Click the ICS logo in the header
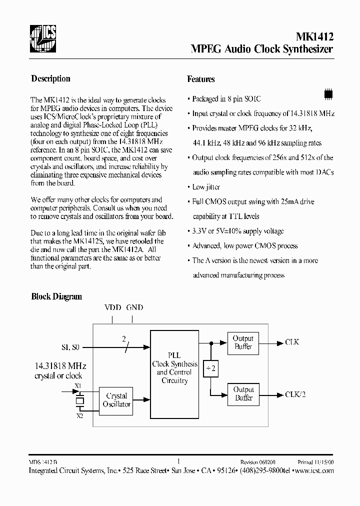click(x=42, y=38)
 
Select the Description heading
click(x=50, y=78)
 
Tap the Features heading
click(x=201, y=79)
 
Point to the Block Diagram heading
click(x=56, y=296)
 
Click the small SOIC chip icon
click(x=328, y=93)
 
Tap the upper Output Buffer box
click(x=243, y=342)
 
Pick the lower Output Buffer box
click(x=243, y=394)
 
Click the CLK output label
click(x=292, y=342)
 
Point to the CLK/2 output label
click(x=295, y=394)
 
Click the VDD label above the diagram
click(x=112, y=307)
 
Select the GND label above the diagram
click(x=135, y=307)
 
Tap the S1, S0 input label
click(x=70, y=346)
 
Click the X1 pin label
click(x=77, y=386)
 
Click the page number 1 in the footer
click(x=179, y=462)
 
